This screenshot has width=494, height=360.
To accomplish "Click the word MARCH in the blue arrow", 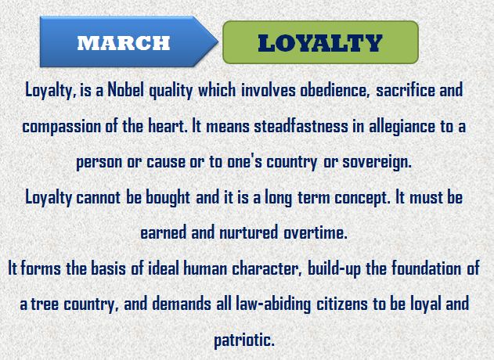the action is [124, 43].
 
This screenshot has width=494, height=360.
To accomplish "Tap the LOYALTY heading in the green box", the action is [320, 43].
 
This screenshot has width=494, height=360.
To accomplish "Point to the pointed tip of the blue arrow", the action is [218, 41].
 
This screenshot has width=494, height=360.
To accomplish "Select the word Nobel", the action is [125, 91].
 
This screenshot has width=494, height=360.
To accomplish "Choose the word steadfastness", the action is [301, 126].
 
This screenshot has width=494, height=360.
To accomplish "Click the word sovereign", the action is [377, 163].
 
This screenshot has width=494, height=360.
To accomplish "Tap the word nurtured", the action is [249, 233].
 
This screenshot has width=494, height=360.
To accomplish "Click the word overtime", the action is [316, 233].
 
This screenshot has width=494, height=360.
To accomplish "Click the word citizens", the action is [342, 304].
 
